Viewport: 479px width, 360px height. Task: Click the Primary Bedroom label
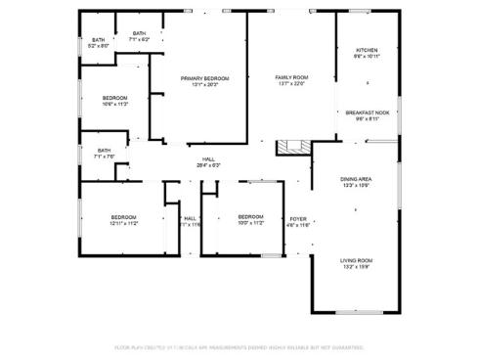pos(204,77)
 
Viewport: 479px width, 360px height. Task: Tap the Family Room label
pos(290,76)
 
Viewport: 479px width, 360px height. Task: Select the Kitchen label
pos(367,50)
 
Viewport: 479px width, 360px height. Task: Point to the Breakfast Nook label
pos(368,112)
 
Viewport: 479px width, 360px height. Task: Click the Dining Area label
pos(355,179)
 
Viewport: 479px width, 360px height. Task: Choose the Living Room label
pos(356,260)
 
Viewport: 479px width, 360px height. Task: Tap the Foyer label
pos(298,219)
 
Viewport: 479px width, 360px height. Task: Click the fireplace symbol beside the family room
pos(289,148)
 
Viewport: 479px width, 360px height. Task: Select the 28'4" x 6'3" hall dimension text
pos(208,165)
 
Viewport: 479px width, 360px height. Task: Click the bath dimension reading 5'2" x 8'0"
pos(99,46)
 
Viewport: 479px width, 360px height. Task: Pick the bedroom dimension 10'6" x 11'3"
pos(116,104)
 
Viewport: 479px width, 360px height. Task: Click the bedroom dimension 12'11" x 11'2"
pos(123,223)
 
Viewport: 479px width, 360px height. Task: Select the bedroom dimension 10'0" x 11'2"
pos(250,223)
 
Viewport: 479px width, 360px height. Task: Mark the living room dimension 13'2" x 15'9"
pos(356,267)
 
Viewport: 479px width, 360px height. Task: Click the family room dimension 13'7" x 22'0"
pos(290,83)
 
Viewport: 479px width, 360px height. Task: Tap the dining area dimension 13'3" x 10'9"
pos(355,186)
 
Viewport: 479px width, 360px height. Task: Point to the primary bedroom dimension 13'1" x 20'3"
pos(204,84)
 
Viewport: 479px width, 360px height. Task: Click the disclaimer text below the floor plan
pos(239,347)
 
